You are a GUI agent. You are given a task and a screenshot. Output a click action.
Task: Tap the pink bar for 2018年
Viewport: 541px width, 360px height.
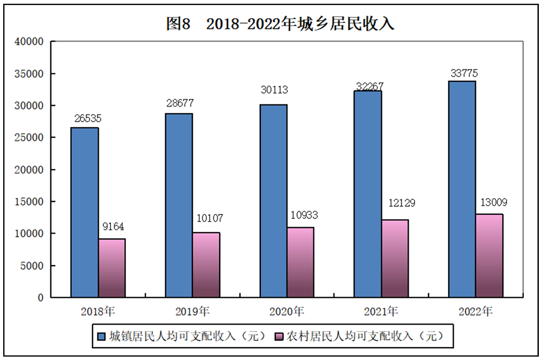click(111, 268)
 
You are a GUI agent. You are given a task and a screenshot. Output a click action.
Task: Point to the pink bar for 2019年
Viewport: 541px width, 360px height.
click(206, 265)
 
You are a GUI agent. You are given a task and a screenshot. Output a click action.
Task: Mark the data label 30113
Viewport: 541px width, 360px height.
click(274, 89)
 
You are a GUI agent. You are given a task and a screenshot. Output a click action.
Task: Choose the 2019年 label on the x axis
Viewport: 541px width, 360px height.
click(193, 311)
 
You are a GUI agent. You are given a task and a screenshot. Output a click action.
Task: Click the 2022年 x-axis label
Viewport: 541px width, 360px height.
click(476, 311)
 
